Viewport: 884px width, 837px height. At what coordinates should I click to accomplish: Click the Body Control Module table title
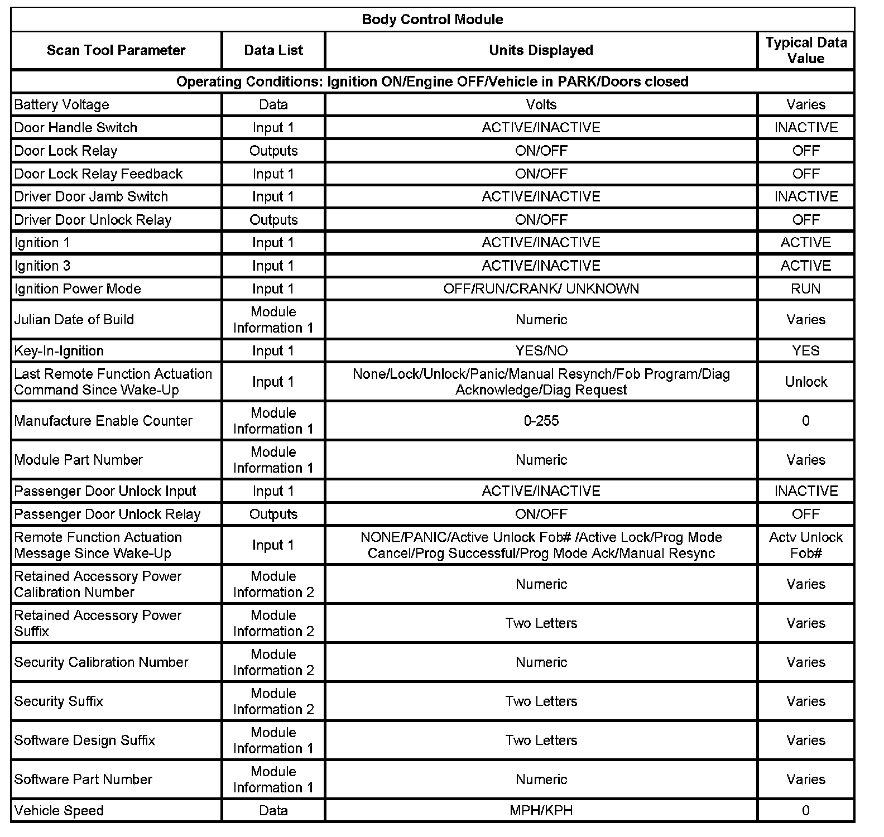coord(432,20)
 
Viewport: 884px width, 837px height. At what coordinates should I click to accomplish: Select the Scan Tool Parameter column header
coord(116,50)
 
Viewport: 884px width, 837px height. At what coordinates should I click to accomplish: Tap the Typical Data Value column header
coord(805,50)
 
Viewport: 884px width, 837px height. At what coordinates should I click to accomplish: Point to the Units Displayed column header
coord(541,50)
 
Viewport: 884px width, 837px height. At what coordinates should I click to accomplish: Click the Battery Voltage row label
coord(61,105)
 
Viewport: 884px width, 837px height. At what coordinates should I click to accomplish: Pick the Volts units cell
coord(541,105)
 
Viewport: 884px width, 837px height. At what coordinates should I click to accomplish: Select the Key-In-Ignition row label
coord(59,351)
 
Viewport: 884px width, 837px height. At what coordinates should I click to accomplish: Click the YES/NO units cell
coord(541,351)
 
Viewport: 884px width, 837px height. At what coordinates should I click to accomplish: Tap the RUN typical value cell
coord(805,289)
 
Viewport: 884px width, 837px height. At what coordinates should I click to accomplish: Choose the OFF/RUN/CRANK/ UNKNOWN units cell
coord(541,289)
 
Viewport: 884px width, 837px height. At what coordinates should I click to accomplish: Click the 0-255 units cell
coord(541,421)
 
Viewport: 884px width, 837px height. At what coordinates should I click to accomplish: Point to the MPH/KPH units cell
coord(541,811)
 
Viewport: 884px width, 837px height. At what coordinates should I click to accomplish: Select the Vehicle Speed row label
coord(59,811)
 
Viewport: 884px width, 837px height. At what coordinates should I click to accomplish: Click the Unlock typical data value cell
coord(805,382)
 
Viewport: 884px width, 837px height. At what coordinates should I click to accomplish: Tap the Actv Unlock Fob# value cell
coord(805,545)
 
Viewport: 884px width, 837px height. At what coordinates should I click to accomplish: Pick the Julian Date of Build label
coord(74,320)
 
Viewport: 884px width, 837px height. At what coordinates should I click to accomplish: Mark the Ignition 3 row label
coord(42,266)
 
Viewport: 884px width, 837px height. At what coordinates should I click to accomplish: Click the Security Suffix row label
coord(59,701)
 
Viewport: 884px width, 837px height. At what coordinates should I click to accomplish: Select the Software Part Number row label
coord(83,780)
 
